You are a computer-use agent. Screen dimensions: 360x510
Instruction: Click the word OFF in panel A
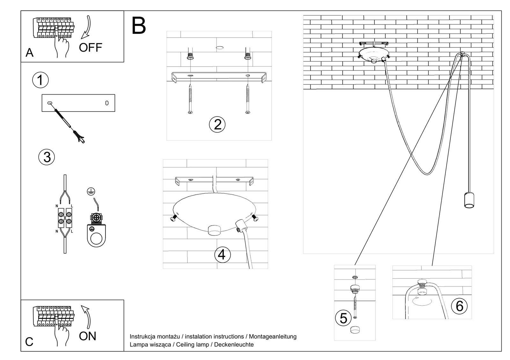91,47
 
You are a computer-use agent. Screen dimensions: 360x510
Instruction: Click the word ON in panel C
87,336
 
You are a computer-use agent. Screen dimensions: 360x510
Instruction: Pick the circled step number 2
217,124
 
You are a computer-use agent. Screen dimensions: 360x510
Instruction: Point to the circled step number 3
47,157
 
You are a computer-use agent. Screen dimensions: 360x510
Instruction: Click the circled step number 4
222,255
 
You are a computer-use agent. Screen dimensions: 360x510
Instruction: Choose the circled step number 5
343,318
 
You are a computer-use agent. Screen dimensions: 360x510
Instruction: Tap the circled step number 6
459,306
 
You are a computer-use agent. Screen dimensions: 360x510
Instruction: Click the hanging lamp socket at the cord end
469,200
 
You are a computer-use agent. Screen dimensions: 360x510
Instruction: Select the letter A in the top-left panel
29,53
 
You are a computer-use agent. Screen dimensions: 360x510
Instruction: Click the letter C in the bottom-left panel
29,342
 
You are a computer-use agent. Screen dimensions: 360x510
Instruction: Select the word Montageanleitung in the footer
273,336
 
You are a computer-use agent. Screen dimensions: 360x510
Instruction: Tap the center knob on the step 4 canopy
214,230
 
